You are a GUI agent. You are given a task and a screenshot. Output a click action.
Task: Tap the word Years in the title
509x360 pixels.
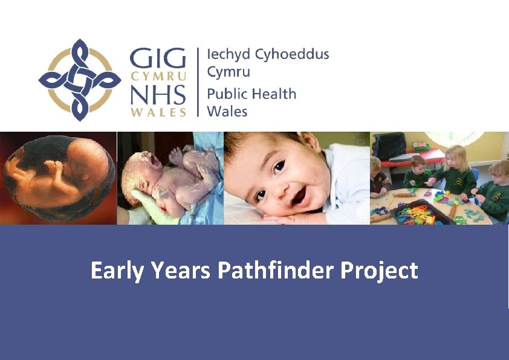point(180,271)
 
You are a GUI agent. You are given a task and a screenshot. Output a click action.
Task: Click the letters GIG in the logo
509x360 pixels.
point(157,60)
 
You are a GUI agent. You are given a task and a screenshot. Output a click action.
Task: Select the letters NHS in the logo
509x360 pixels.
point(157,95)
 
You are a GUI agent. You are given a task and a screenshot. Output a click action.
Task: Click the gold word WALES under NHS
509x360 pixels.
point(158,112)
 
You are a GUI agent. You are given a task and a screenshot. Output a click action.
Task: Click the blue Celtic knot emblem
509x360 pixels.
point(80,80)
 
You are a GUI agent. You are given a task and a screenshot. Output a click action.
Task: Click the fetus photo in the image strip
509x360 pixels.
point(57,178)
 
